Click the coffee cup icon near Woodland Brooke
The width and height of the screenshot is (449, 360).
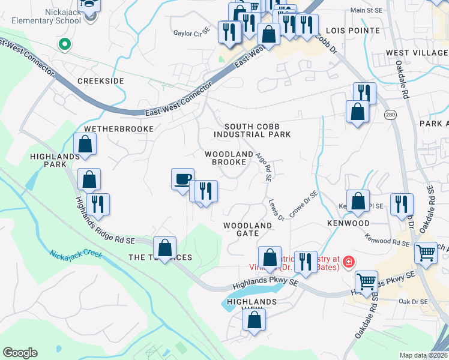[x=182, y=179]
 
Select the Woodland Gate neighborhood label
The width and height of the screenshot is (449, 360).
[x=248, y=229]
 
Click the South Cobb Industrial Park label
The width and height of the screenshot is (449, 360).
[x=257, y=130]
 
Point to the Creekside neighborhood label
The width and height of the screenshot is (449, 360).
[x=100, y=81]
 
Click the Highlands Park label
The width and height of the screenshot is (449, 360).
[x=55, y=160]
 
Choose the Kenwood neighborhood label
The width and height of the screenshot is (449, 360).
[x=348, y=223]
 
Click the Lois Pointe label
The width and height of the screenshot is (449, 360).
[x=352, y=31]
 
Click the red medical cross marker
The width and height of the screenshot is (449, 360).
[x=348, y=262]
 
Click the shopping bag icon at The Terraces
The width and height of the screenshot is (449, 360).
[x=164, y=247]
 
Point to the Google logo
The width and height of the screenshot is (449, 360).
[x=20, y=353]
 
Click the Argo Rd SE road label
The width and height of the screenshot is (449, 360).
[x=264, y=166]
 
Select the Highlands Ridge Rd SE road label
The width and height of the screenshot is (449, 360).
[x=105, y=221]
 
